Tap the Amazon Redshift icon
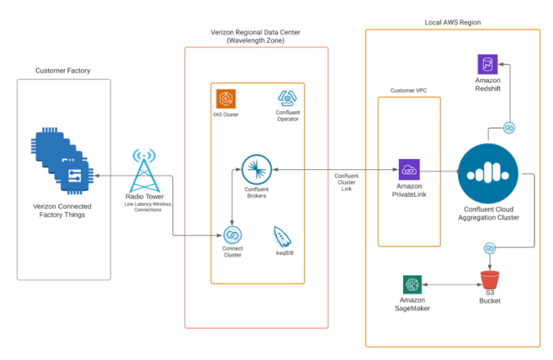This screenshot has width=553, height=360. point(488,65)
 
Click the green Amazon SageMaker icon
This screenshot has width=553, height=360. point(413,284)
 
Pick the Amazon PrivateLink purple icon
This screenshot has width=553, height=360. point(409,170)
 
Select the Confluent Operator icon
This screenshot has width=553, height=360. point(287,98)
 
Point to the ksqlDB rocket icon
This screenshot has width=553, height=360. point(282,237)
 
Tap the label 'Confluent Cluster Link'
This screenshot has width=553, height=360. point(346,182)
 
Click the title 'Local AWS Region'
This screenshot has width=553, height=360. point(452,22)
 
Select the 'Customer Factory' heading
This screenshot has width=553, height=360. point(63,70)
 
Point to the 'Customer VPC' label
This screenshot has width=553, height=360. point(409,90)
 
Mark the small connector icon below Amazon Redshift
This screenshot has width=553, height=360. point(509,128)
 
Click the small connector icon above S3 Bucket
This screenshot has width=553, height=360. point(489,247)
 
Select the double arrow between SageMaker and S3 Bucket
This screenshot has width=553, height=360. point(452,284)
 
